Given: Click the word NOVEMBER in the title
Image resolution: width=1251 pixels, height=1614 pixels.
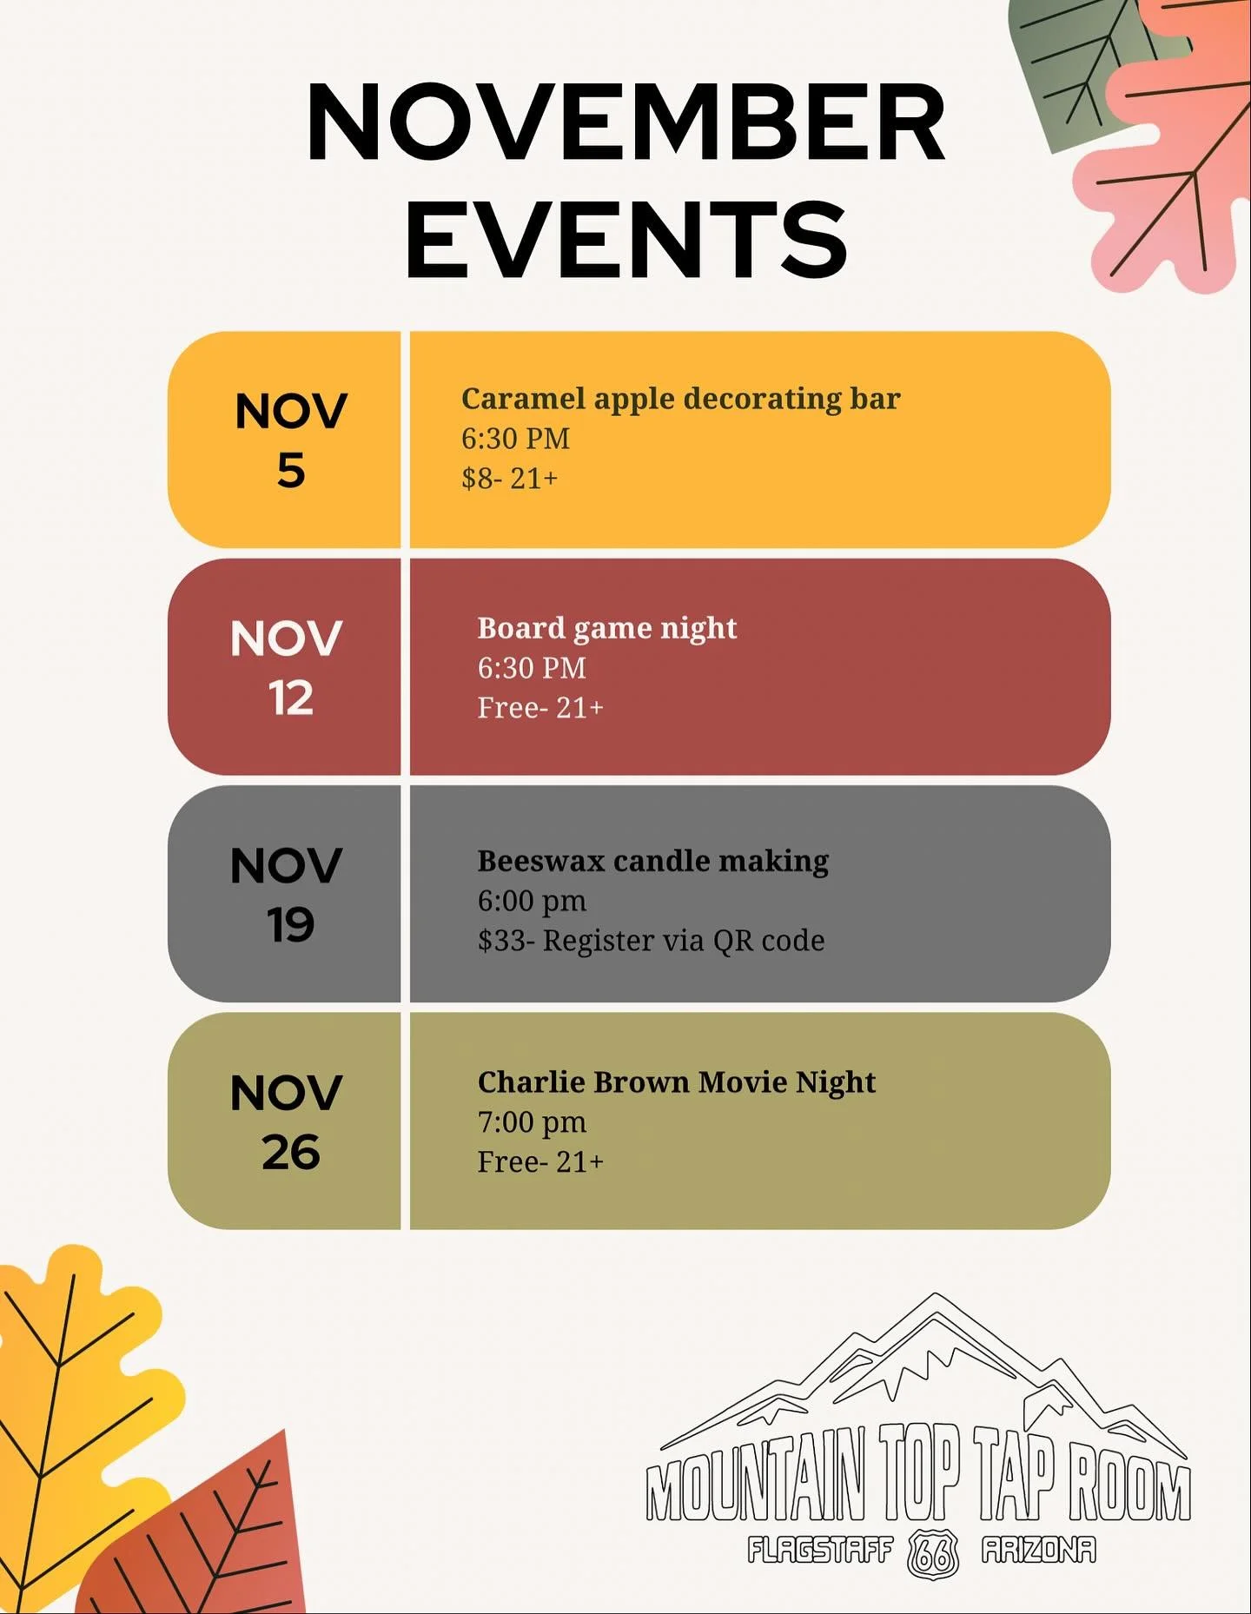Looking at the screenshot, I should [x=625, y=122].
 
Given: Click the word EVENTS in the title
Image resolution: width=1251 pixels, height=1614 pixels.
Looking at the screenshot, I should [x=625, y=239].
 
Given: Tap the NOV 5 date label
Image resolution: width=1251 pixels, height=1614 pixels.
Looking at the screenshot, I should [x=290, y=440].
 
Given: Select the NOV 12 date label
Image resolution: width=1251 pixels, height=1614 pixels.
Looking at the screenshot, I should [x=287, y=667].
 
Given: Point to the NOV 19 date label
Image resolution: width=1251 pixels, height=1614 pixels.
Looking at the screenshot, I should [x=287, y=894].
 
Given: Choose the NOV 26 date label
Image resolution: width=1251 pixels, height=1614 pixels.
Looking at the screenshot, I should [x=287, y=1121].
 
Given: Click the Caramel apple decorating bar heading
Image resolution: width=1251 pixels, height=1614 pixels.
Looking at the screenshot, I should [x=680, y=399].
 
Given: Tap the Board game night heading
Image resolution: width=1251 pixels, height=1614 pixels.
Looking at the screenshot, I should [x=606, y=628].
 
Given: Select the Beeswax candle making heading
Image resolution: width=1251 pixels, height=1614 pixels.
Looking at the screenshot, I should [x=652, y=861].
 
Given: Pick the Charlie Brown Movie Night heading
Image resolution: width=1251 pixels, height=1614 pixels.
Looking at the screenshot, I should [x=676, y=1082].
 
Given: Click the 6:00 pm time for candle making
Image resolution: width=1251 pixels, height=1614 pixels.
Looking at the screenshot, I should [x=532, y=902].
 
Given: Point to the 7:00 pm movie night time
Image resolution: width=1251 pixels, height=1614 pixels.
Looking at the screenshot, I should [x=532, y=1122].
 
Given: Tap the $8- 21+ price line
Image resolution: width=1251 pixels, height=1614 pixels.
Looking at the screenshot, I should [x=509, y=479].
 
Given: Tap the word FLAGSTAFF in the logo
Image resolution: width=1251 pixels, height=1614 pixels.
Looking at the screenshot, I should [x=820, y=1550].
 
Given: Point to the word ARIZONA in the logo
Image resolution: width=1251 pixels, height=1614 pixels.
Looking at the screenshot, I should [x=1039, y=1550].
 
